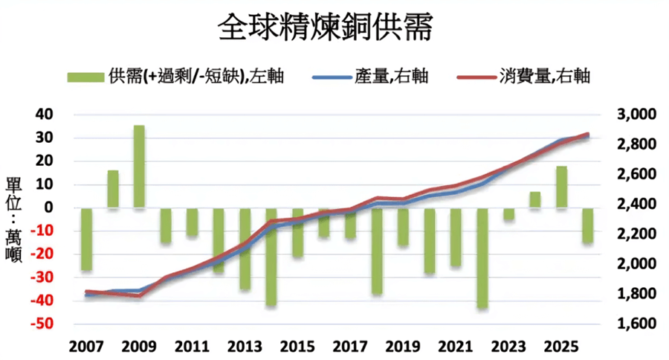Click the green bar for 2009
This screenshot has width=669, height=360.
click(x=139, y=167)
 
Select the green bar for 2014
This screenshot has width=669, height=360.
click(x=271, y=257)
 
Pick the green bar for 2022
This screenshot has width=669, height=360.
click(x=482, y=258)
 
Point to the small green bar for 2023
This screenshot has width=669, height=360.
click(x=508, y=214)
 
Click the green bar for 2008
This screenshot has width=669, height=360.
click(x=113, y=189)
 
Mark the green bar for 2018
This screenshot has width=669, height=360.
click(x=376, y=251)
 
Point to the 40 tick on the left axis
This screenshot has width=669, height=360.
click(x=46, y=115)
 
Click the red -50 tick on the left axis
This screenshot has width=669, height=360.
click(x=42, y=325)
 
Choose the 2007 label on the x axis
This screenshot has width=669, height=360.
click(x=86, y=347)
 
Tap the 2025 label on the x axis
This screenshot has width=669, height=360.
click(x=562, y=347)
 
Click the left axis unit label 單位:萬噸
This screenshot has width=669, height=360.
click(x=13, y=220)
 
